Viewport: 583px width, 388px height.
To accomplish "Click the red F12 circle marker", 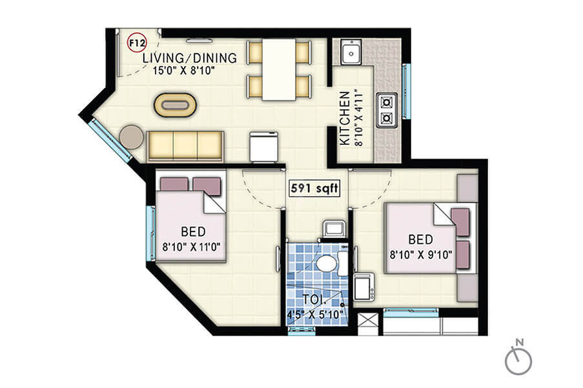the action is click(137, 43).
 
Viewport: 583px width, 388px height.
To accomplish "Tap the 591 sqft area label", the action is click(314, 188).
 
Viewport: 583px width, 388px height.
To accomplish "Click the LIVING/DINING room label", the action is click(190, 58).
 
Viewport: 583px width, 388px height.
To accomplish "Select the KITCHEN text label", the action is click(345, 118).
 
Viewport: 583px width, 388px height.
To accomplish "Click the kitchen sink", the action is click(351, 52).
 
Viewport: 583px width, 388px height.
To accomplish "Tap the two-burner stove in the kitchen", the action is click(387, 110).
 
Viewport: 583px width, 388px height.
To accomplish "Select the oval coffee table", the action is click(175, 105).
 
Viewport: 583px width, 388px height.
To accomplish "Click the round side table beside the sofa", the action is click(132, 136).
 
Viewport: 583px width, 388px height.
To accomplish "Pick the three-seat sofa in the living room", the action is click(185, 146).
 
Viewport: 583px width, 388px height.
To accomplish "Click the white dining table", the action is click(279, 70).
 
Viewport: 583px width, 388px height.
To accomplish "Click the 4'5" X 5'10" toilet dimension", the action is click(314, 315).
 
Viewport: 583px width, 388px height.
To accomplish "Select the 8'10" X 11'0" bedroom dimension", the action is click(191, 246).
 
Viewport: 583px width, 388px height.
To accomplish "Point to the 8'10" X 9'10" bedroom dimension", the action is click(421, 255).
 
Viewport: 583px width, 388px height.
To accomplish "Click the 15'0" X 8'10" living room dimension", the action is click(183, 70).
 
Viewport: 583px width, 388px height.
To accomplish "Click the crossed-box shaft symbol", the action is click(368, 320).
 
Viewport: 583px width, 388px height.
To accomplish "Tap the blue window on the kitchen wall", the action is click(406, 92).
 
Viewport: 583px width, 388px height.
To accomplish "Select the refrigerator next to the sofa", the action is click(264, 146).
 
